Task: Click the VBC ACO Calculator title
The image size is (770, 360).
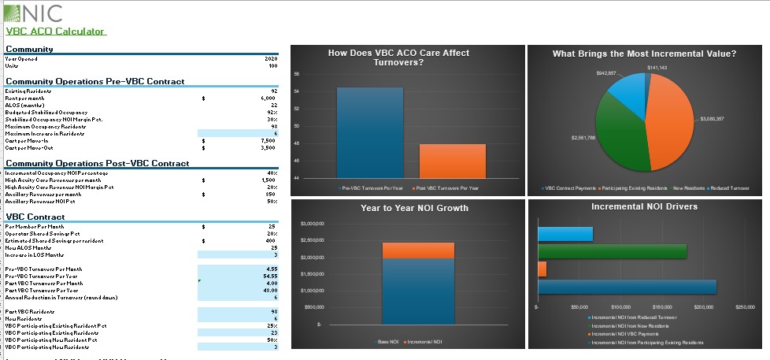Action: [x=54, y=32]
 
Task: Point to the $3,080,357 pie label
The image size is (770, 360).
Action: [x=713, y=118]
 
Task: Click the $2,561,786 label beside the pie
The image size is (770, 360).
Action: [x=583, y=138]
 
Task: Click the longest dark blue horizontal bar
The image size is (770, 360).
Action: [x=627, y=287]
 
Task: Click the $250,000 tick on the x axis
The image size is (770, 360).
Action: [x=744, y=307]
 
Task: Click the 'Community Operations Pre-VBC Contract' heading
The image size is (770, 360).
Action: [x=94, y=81]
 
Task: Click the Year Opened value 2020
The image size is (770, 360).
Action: [x=272, y=59]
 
